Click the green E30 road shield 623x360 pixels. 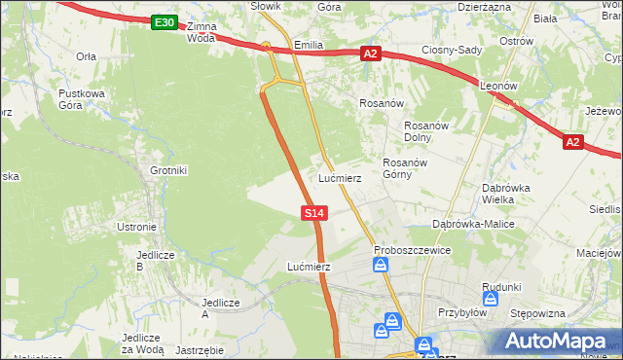165,22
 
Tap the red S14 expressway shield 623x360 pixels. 312,211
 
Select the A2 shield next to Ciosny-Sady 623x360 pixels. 370,54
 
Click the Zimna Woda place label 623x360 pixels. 201,32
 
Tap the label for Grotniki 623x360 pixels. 167,170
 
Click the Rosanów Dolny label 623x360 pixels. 424,130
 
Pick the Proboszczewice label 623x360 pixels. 412,250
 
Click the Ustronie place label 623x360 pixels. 136,227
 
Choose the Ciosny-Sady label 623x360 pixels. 453,49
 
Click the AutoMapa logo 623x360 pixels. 557,341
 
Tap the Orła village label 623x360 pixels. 87,56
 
